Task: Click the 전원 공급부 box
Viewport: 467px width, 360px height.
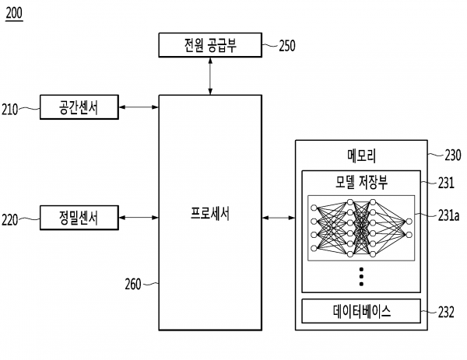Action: [209, 45]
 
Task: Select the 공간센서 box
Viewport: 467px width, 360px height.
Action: [79, 108]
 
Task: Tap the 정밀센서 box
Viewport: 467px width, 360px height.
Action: [79, 218]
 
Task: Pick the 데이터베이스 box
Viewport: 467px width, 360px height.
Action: [360, 312]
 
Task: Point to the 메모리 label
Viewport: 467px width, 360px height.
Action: [360, 155]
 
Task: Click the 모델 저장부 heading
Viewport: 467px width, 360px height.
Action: [360, 183]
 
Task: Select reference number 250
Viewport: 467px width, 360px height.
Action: [287, 46]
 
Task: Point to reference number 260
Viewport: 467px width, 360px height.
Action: [132, 284]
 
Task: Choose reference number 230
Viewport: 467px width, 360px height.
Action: [452, 155]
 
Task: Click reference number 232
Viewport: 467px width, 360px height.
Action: [446, 313]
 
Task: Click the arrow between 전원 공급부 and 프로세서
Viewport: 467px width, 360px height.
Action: [209, 75]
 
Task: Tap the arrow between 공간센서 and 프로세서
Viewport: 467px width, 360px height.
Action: [139, 108]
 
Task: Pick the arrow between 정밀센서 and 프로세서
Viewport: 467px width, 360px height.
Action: [139, 218]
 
